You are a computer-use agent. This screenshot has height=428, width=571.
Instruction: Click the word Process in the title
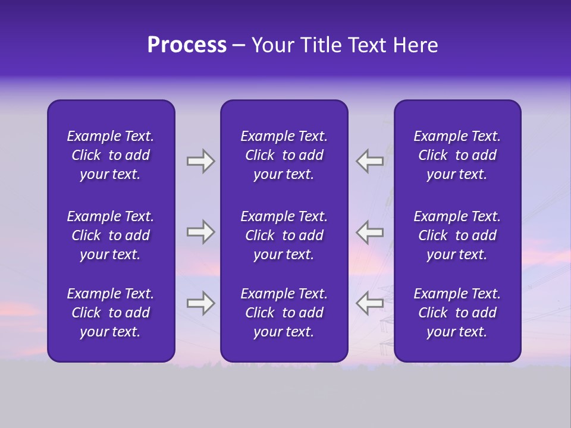187,45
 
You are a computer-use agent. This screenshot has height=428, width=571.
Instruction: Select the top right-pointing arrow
201,161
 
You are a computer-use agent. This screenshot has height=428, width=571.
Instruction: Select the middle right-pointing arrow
201,232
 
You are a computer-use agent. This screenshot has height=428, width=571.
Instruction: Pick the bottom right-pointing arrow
201,303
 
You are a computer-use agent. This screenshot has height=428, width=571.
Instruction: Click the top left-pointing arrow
369,161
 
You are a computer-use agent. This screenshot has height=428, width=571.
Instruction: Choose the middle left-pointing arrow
369,232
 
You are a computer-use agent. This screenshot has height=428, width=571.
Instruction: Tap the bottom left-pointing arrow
369,303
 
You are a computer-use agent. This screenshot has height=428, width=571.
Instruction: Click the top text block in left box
111,155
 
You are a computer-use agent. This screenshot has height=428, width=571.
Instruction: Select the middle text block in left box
111,235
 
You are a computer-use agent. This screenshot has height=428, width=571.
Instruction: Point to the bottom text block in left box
111,313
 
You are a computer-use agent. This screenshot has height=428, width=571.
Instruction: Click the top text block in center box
284,155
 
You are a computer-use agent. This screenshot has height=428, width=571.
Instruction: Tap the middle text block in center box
284,235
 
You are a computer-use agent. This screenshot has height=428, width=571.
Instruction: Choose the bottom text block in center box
284,313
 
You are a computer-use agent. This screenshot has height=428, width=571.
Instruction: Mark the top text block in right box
457,155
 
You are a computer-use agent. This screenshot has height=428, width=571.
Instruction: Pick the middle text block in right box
457,235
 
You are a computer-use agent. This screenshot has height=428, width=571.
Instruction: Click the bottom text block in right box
457,313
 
